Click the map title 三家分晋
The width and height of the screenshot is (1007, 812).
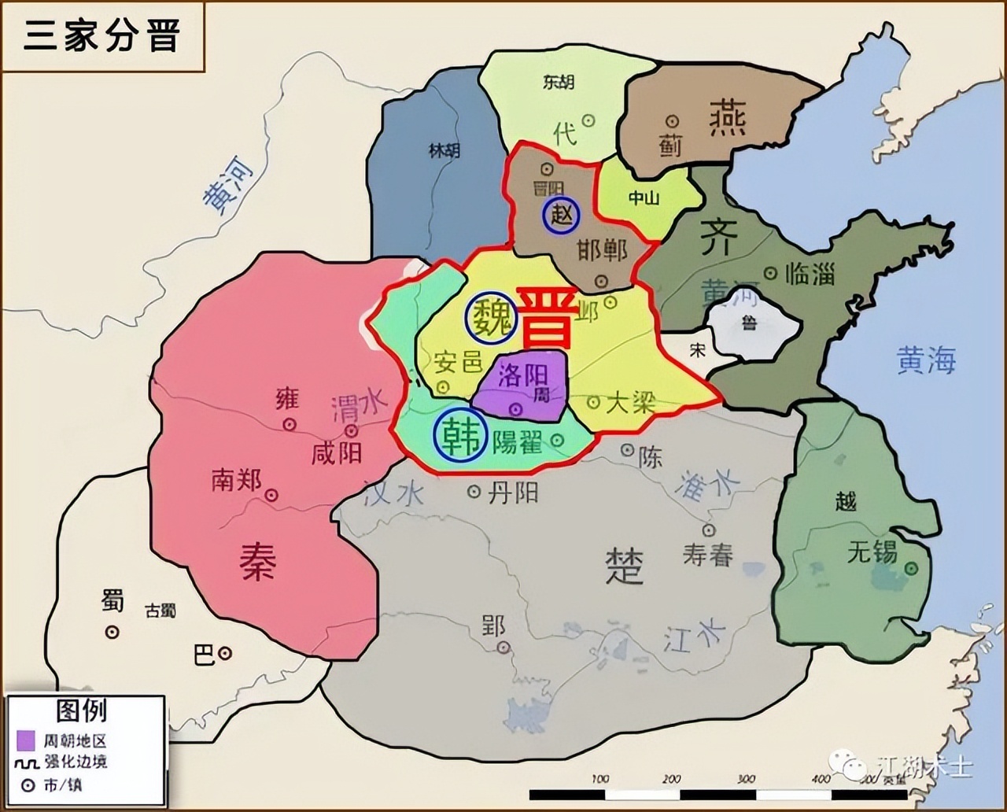101,35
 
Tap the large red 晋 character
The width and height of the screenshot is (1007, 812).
545,318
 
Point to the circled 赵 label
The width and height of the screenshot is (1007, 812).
562,214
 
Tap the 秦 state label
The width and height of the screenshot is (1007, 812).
258,563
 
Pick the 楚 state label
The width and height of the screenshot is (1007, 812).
625,565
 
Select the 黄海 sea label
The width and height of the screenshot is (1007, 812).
926,361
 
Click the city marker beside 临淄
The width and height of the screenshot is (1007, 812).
771,273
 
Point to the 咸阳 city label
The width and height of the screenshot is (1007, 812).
337,453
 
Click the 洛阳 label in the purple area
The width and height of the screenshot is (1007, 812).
523,375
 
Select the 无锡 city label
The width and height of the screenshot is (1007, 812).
872,552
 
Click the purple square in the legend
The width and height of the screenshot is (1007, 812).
26,740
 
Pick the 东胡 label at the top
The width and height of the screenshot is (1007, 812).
559,82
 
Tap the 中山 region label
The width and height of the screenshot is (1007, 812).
644,198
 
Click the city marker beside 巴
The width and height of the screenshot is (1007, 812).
226,653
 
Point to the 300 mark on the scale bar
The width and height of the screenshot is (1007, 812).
745,779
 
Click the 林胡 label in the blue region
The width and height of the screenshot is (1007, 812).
444,150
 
